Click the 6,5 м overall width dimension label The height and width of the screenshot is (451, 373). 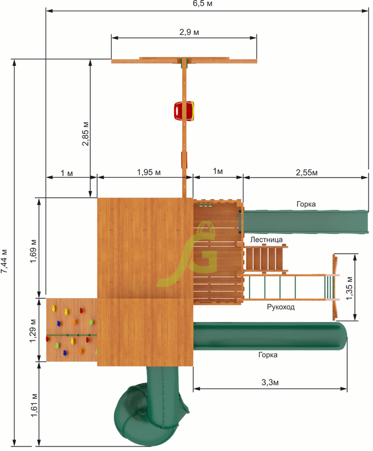[203, 4]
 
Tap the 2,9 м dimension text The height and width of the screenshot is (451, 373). [189, 32]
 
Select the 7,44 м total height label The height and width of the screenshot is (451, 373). [4, 261]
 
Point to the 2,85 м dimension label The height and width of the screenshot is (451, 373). [85, 134]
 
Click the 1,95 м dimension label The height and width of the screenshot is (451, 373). [149, 173]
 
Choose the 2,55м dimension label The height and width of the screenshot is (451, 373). [307, 173]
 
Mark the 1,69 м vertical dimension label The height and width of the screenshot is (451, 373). [33, 250]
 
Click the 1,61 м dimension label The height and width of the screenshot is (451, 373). [34, 405]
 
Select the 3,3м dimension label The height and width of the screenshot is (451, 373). [270, 382]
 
